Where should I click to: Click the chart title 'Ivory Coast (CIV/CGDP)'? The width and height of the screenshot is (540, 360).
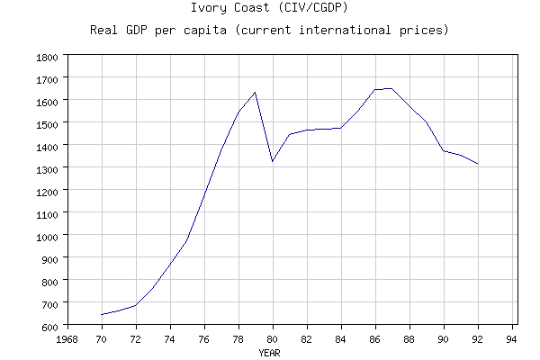coord(269,8)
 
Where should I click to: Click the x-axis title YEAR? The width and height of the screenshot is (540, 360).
coord(269,353)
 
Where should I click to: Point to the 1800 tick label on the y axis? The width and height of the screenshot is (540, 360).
coord(46,57)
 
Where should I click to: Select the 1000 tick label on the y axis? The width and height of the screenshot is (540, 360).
coord(46,236)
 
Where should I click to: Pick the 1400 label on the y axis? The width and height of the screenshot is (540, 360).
coord(46,147)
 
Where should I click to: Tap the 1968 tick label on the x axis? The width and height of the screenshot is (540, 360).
coord(67,339)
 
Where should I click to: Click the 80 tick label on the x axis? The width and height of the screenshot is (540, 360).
coord(273,339)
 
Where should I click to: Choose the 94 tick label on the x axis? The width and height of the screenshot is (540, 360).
coord(512,339)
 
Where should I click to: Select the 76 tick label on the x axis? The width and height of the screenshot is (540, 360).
coord(204,339)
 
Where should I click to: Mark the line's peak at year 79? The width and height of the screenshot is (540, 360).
coord(256,92)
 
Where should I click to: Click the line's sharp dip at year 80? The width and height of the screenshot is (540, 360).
coord(273,161)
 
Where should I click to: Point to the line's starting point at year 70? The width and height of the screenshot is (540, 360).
coord(102,315)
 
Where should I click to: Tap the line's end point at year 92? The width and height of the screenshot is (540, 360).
coord(478,164)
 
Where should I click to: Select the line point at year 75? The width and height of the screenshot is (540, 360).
coord(187,238)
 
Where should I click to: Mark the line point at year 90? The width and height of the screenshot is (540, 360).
coord(444,151)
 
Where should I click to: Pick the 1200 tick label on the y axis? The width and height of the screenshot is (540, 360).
coord(46,191)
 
